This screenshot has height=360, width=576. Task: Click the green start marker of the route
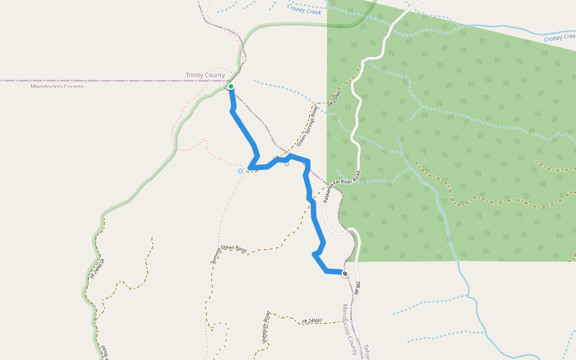pos(230,87)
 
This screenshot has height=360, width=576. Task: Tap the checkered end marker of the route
pos(344,274)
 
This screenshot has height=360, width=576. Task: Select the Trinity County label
pos(205,75)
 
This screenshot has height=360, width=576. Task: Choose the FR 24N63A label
pos(98,269)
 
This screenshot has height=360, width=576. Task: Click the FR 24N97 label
pos(312,321)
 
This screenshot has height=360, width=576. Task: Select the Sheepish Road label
pos(266,326)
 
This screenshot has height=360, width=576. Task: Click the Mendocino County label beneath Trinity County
pos(57,86)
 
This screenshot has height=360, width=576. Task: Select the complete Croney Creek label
pos(304,10)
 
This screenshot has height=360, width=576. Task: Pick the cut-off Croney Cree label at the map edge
pos(559,38)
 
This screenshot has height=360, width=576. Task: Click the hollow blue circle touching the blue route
pos(287,163)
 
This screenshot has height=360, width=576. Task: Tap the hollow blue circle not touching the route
pos(241,171)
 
